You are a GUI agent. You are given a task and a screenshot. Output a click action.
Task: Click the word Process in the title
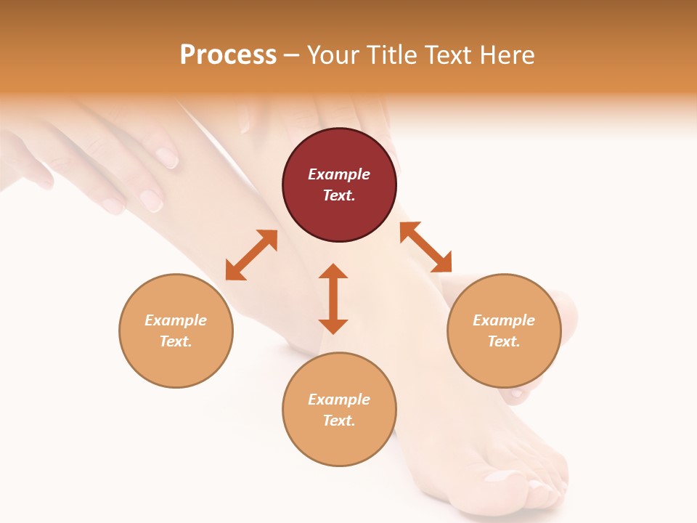(228, 55)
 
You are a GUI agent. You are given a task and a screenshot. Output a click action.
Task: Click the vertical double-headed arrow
(333, 299)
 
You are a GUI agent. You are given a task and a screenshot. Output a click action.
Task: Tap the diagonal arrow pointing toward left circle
(251, 255)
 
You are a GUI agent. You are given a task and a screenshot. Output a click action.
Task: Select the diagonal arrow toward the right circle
(425, 247)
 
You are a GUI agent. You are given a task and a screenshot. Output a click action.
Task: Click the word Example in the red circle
(339, 174)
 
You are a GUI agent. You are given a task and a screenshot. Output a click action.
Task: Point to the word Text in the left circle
(176, 341)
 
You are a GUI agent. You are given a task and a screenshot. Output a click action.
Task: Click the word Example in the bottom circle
(339, 400)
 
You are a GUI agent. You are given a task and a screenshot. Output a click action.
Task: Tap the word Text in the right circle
(504, 341)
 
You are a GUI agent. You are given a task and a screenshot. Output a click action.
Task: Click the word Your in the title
(334, 55)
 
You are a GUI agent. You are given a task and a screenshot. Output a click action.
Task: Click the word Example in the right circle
(504, 320)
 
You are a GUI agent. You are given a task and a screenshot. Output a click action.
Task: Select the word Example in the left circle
(176, 320)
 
